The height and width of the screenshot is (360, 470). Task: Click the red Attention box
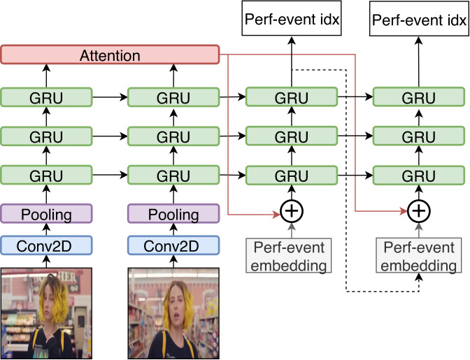(110, 55)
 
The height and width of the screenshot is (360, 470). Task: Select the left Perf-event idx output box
(292, 18)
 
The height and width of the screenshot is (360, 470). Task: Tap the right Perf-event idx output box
(419, 19)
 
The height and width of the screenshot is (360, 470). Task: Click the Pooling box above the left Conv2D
(46, 213)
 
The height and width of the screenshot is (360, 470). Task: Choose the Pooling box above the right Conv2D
(173, 213)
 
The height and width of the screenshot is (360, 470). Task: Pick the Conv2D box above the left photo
(46, 245)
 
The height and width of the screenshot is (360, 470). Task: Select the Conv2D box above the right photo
(173, 245)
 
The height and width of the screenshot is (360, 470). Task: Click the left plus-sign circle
(292, 211)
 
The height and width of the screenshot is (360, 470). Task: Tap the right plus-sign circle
(419, 211)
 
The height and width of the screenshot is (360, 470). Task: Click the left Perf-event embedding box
(289, 255)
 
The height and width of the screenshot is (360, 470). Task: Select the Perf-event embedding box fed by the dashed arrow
(419, 255)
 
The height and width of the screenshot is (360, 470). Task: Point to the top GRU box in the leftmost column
(46, 97)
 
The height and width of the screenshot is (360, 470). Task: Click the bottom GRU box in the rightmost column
(419, 175)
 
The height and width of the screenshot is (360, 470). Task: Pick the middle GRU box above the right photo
(173, 136)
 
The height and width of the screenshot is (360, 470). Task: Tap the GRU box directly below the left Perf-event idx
(292, 97)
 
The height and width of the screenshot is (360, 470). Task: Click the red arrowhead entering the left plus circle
(276, 214)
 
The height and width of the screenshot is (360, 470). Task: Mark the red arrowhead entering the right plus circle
(404, 211)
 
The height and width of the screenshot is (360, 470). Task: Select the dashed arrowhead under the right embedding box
(419, 277)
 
